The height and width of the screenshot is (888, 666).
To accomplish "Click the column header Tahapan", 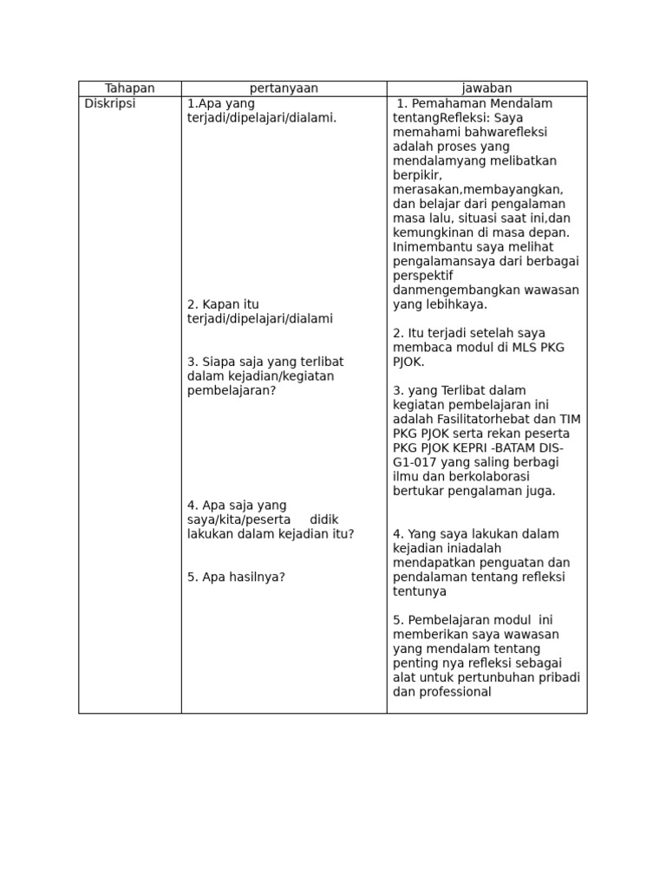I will point(129,88).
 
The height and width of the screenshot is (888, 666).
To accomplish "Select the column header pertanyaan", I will point(284,88).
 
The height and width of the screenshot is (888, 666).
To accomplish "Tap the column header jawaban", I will point(486,88).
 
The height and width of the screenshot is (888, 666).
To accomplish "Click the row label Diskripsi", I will point(110,103).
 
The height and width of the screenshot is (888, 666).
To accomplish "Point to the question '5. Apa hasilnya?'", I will point(236,577).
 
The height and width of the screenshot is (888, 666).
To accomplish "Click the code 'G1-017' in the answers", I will point(413,462).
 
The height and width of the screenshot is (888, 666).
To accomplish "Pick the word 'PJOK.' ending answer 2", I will point(408,362).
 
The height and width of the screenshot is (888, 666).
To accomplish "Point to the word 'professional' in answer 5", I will point(454,692).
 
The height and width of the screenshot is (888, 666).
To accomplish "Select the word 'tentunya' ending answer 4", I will point(420,591).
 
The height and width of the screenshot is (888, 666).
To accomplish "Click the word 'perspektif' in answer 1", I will point(423,276).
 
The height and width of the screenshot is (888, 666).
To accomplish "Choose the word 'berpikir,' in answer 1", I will point(417,175).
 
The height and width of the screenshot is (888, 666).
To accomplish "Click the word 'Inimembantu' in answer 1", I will point(429,247).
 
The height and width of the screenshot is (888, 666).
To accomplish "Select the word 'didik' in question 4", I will point(325,519).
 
